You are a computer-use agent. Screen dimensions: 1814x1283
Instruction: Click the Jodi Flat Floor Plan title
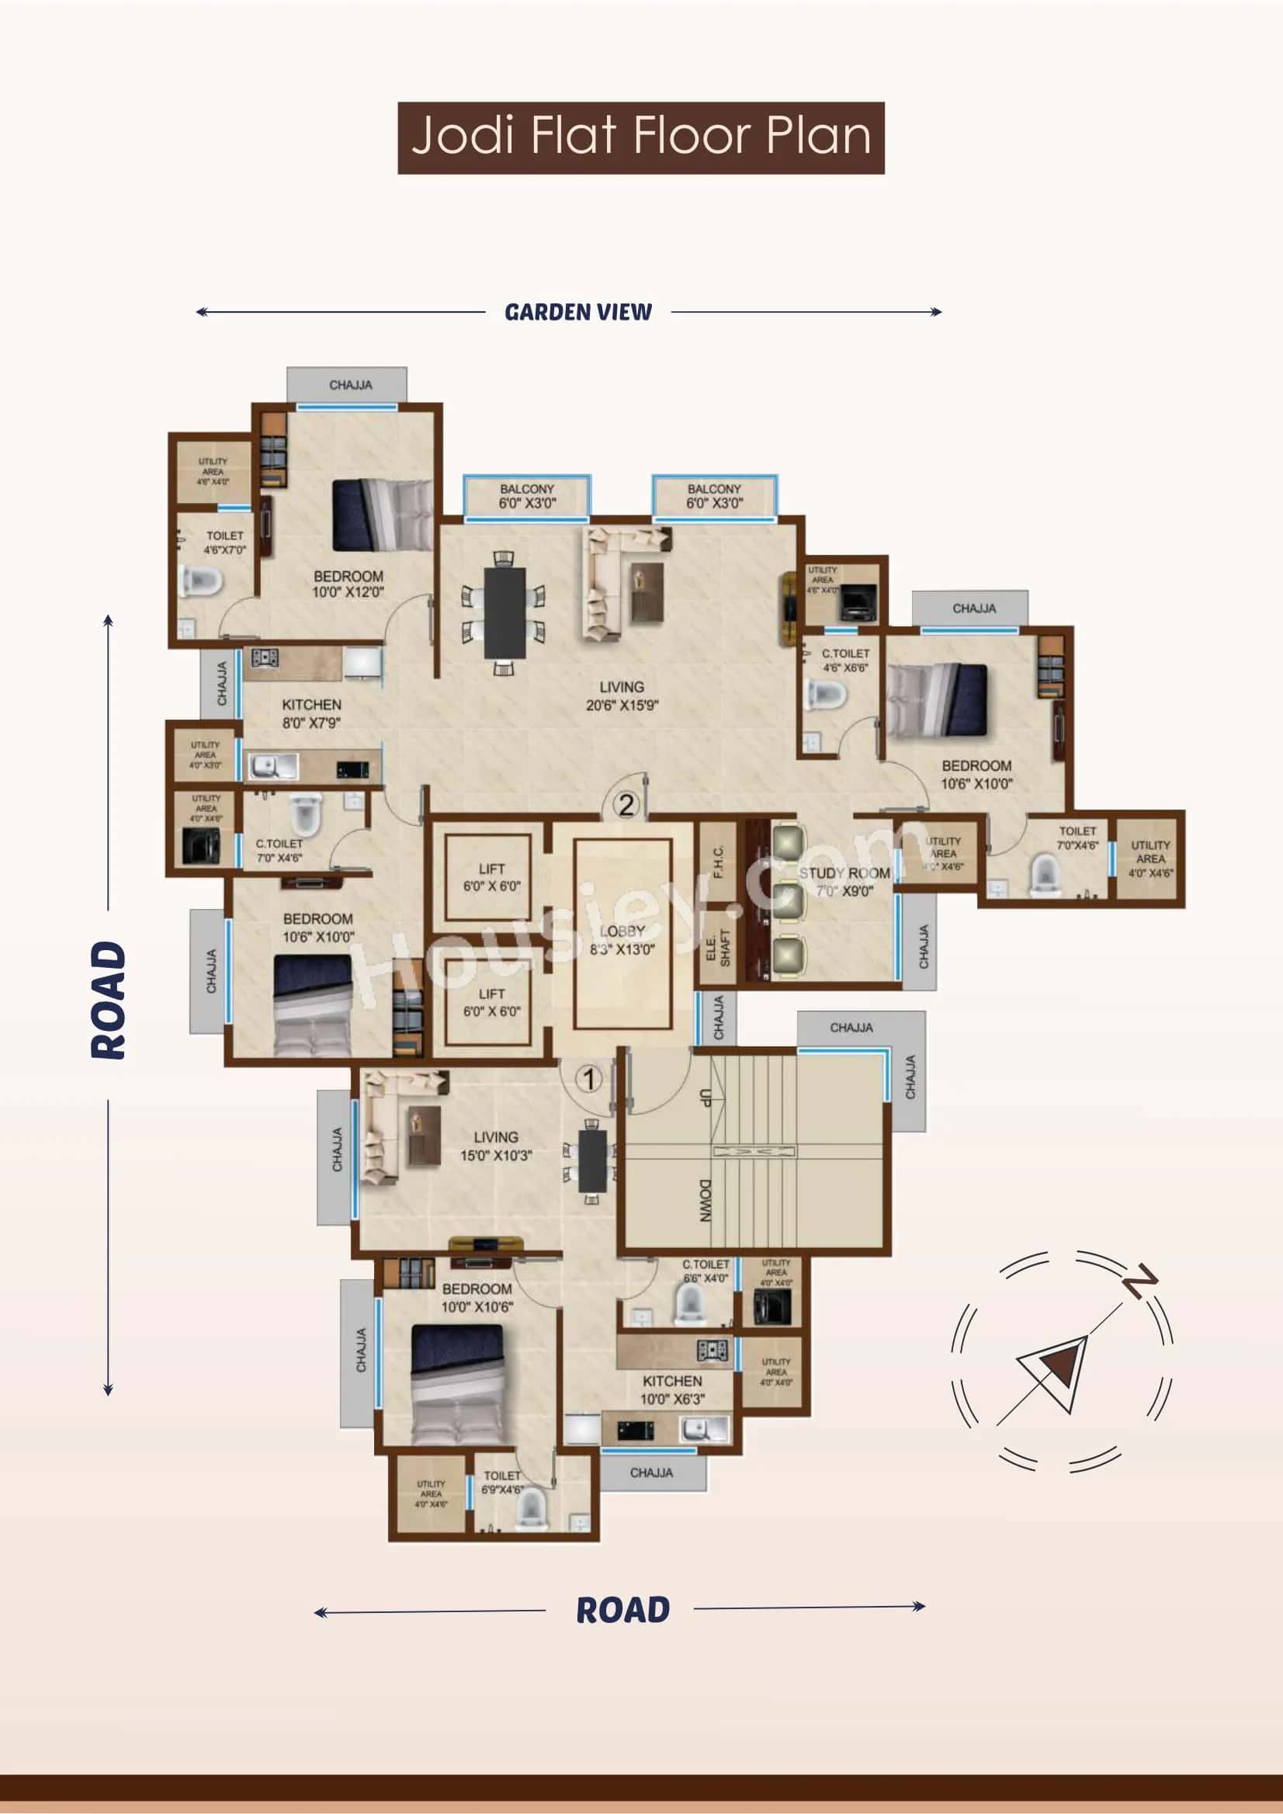coord(640,137)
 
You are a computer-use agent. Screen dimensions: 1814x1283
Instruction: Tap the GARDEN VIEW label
coord(578,312)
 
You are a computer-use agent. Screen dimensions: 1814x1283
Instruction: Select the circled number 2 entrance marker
coord(626,805)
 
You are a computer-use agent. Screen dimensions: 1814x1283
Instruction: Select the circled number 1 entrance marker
coord(588,1078)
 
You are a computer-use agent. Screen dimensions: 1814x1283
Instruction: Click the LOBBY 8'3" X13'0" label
coord(622,940)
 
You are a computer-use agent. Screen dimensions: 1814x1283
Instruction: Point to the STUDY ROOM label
coord(844,874)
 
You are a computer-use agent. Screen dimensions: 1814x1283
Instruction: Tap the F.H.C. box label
coord(718,862)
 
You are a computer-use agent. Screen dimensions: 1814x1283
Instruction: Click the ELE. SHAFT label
coord(718,946)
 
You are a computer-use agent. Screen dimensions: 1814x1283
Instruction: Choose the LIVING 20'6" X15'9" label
coord(622,696)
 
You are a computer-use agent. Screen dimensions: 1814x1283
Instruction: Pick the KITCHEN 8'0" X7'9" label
coord(311,713)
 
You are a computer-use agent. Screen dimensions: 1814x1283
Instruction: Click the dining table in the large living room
coord(505,612)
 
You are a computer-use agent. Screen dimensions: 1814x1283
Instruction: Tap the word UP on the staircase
coord(706,1097)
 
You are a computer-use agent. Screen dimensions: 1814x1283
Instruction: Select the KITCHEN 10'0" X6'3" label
coord(672,1389)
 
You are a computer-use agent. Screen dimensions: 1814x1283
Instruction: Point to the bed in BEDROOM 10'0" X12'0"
coord(383,515)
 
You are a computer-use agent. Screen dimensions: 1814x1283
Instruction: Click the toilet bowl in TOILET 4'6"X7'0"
coord(201,581)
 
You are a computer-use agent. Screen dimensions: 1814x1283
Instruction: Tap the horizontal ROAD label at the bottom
coord(622,1610)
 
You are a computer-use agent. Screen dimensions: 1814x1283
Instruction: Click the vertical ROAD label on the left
coord(108,1001)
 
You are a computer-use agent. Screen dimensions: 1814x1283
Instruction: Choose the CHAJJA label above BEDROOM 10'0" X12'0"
coord(350,385)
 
